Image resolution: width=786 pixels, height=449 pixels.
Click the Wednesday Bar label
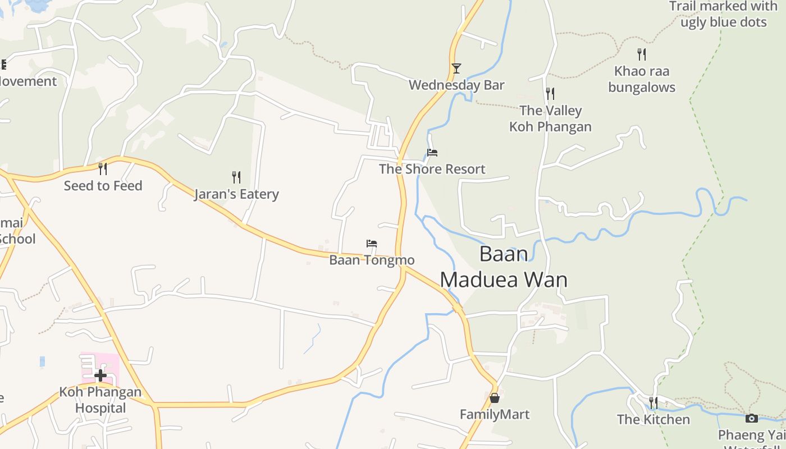(x=456, y=85)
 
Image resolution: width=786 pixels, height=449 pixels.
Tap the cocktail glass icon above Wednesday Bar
(x=456, y=68)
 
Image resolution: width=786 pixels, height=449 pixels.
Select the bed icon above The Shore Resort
(x=432, y=152)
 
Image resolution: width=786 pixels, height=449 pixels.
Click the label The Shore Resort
(x=432, y=169)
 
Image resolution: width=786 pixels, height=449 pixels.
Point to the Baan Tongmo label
(x=372, y=260)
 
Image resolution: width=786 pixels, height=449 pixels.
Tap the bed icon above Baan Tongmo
(x=372, y=244)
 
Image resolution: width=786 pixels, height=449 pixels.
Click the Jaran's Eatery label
(x=236, y=194)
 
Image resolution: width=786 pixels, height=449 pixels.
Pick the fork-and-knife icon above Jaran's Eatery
(x=236, y=177)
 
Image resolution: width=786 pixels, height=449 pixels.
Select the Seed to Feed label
(x=103, y=186)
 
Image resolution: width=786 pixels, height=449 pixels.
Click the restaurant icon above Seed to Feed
(x=103, y=168)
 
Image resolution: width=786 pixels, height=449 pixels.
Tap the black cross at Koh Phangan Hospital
(x=100, y=375)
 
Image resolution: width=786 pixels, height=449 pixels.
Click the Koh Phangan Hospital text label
(x=100, y=400)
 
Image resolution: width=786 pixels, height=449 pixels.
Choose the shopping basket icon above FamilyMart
(x=495, y=398)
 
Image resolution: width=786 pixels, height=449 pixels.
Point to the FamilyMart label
(x=495, y=415)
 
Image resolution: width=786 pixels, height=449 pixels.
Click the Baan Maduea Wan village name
(x=504, y=267)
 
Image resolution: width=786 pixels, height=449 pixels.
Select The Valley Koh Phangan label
(x=550, y=118)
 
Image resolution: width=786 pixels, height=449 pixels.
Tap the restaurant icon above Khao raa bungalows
(x=642, y=54)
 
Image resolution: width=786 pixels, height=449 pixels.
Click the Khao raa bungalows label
(x=642, y=79)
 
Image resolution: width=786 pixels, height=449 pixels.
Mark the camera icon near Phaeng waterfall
(x=752, y=418)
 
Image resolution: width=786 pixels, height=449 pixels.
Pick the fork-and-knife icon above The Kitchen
(x=654, y=403)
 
